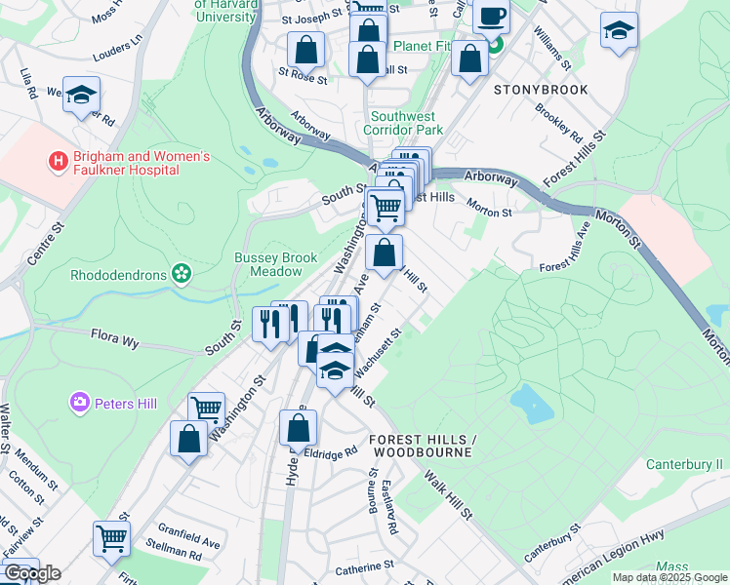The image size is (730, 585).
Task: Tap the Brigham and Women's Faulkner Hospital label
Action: (131, 163)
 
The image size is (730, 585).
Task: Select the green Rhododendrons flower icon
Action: (181, 274)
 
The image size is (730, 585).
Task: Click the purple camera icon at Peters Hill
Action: (80, 401)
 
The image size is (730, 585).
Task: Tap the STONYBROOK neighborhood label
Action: (540, 90)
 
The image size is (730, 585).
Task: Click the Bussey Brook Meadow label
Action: (275, 264)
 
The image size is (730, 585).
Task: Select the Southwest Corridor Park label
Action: (403, 123)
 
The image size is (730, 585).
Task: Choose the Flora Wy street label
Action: (115, 339)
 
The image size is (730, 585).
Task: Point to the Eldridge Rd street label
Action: (332, 453)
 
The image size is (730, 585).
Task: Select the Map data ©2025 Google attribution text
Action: (669, 577)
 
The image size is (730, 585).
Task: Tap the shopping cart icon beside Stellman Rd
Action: (111, 537)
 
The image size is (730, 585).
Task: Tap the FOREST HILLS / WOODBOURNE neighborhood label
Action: (421, 447)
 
